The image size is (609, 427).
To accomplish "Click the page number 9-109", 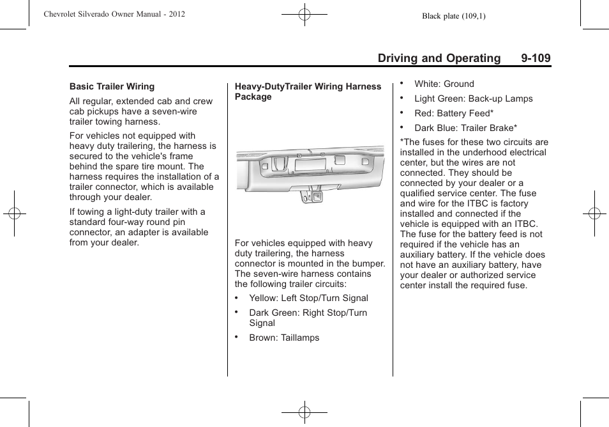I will click(x=535, y=58).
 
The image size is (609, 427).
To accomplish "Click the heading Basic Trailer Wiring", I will click(x=112, y=86).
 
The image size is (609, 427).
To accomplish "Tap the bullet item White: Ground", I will click(x=444, y=84).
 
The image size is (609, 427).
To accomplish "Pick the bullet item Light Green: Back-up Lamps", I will click(x=473, y=98).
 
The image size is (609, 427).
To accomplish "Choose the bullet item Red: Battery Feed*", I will click(x=454, y=113).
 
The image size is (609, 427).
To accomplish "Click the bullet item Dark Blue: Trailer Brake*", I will click(x=465, y=128).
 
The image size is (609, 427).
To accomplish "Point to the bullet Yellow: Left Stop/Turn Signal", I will click(x=308, y=298).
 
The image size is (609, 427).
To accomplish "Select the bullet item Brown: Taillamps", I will click(x=284, y=338).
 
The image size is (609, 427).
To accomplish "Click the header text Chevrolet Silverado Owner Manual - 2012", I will click(x=114, y=13).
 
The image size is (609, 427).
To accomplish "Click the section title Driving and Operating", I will click(x=439, y=58).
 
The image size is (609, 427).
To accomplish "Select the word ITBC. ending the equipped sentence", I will click(x=526, y=224).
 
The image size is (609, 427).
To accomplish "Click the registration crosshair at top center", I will click(x=304, y=14).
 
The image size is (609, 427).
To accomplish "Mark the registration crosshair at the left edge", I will click(x=14, y=213).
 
